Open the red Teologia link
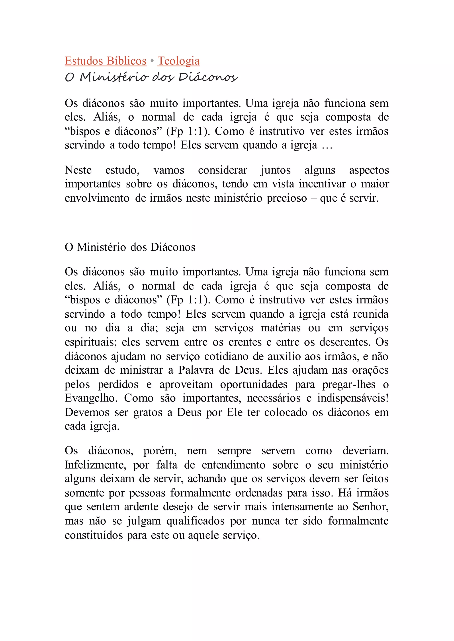tap(178, 61)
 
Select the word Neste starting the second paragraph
tap(78, 170)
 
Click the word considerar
tap(223, 170)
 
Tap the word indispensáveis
tap(352, 398)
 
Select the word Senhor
tap(370, 507)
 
